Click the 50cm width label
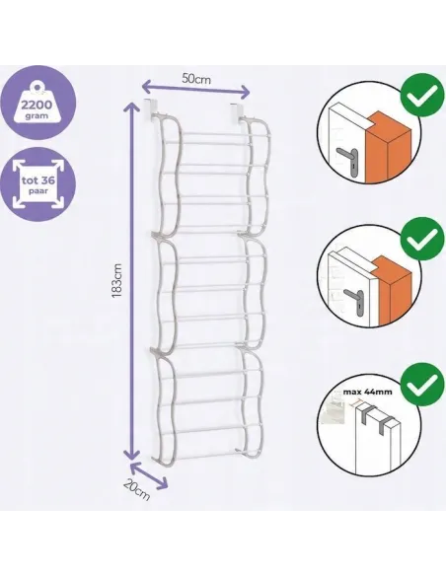click(x=196, y=79)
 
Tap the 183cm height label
click(x=117, y=280)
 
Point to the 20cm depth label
click(x=136, y=490)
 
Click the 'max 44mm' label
click(x=367, y=392)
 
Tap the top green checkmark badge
click(x=421, y=95)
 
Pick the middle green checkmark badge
click(x=421, y=239)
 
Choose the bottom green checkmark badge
click(x=421, y=385)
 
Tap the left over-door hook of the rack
click(x=147, y=109)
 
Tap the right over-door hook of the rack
click(x=235, y=112)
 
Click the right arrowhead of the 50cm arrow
click(x=245, y=91)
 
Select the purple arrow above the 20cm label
click(x=150, y=475)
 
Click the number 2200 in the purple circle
click(x=37, y=106)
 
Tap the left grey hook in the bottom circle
click(x=364, y=412)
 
